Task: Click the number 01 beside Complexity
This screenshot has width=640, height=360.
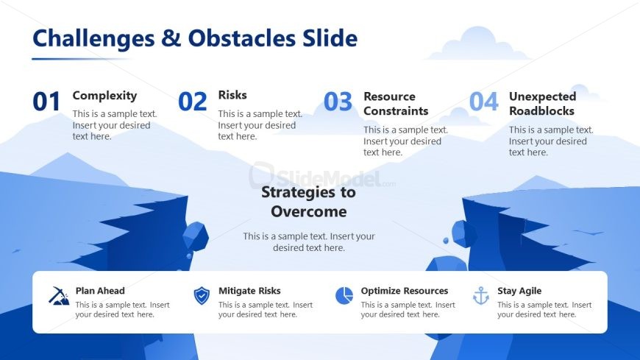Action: pos(46,102)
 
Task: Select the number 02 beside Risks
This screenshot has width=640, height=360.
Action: pos(192,102)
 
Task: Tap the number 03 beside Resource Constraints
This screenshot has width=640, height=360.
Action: pos(338,102)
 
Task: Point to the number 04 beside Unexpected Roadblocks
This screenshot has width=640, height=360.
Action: pos(483,102)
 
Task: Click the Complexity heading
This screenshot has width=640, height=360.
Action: pos(104,96)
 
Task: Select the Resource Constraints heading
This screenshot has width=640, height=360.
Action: pos(396,104)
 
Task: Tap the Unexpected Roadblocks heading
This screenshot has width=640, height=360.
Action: pos(542,104)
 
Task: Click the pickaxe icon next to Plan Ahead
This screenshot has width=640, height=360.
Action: pos(59,296)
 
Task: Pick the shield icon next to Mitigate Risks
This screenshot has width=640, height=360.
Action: pos(202,296)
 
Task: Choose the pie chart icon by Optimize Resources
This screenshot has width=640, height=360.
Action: pos(344,295)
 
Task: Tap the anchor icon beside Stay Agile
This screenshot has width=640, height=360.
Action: pos(481,296)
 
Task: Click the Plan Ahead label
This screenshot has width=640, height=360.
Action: pos(100,291)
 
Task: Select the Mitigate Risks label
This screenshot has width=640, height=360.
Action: pos(249,291)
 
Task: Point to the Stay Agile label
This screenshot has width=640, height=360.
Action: pos(519,291)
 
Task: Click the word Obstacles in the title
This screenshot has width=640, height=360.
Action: pos(241,38)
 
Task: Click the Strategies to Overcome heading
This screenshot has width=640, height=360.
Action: pos(308,202)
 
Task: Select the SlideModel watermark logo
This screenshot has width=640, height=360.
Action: pos(321,177)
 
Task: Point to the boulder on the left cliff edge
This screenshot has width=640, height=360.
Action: pos(195,236)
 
